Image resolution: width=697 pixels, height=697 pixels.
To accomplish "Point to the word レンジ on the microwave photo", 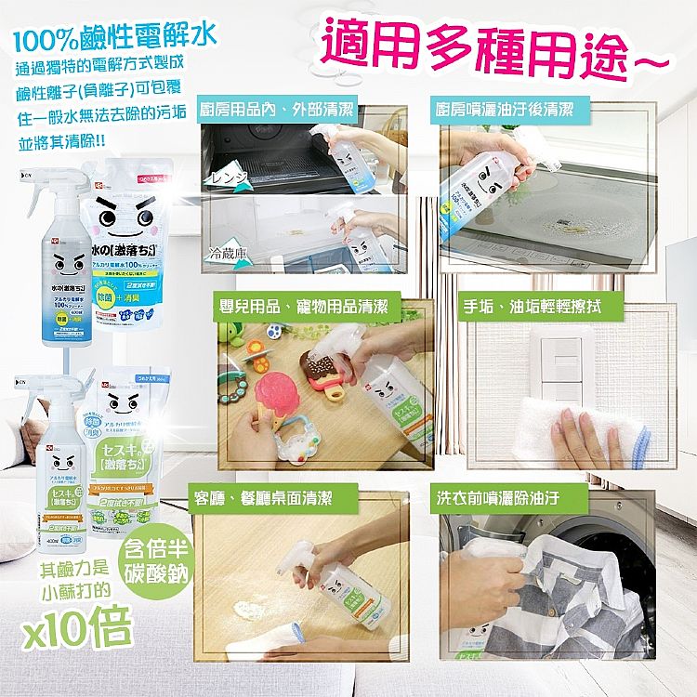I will click(x=229, y=176).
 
